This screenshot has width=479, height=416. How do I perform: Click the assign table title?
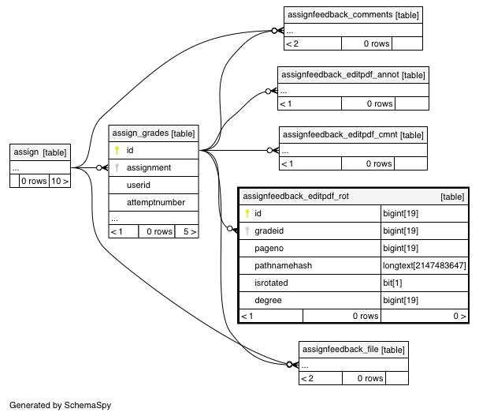[x=40, y=152]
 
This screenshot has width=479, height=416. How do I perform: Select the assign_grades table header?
[x=154, y=133]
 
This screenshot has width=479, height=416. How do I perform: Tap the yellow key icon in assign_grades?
[x=117, y=150]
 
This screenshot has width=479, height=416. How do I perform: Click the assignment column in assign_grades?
[x=149, y=167]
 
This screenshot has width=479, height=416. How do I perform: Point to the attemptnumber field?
[x=156, y=202]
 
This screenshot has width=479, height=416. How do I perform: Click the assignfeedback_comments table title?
[x=353, y=15]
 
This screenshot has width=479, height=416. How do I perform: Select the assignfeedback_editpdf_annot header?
[x=353, y=75]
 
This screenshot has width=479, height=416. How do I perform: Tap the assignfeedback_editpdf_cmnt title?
[x=353, y=135]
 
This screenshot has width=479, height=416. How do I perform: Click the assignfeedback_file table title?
[x=354, y=349]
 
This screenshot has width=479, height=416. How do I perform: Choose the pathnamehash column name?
[x=283, y=265]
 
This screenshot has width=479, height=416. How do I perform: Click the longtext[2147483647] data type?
[x=425, y=265]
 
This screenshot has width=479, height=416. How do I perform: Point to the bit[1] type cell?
[x=392, y=283]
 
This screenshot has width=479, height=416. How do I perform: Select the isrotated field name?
[x=271, y=283]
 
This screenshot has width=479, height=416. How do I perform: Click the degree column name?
[x=268, y=300]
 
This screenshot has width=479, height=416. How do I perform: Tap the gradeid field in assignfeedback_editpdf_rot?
[x=269, y=230]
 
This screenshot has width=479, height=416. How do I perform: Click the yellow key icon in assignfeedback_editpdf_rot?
[x=247, y=213]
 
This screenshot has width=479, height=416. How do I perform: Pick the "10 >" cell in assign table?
[x=60, y=181]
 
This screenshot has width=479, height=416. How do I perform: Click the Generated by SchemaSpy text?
[x=60, y=405]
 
